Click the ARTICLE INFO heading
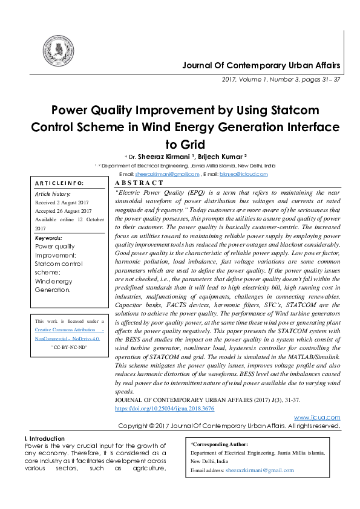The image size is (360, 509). click(x=59, y=183)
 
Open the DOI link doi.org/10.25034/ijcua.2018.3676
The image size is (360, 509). click(x=163, y=409)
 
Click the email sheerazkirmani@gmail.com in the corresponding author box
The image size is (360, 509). click(x=259, y=470)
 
